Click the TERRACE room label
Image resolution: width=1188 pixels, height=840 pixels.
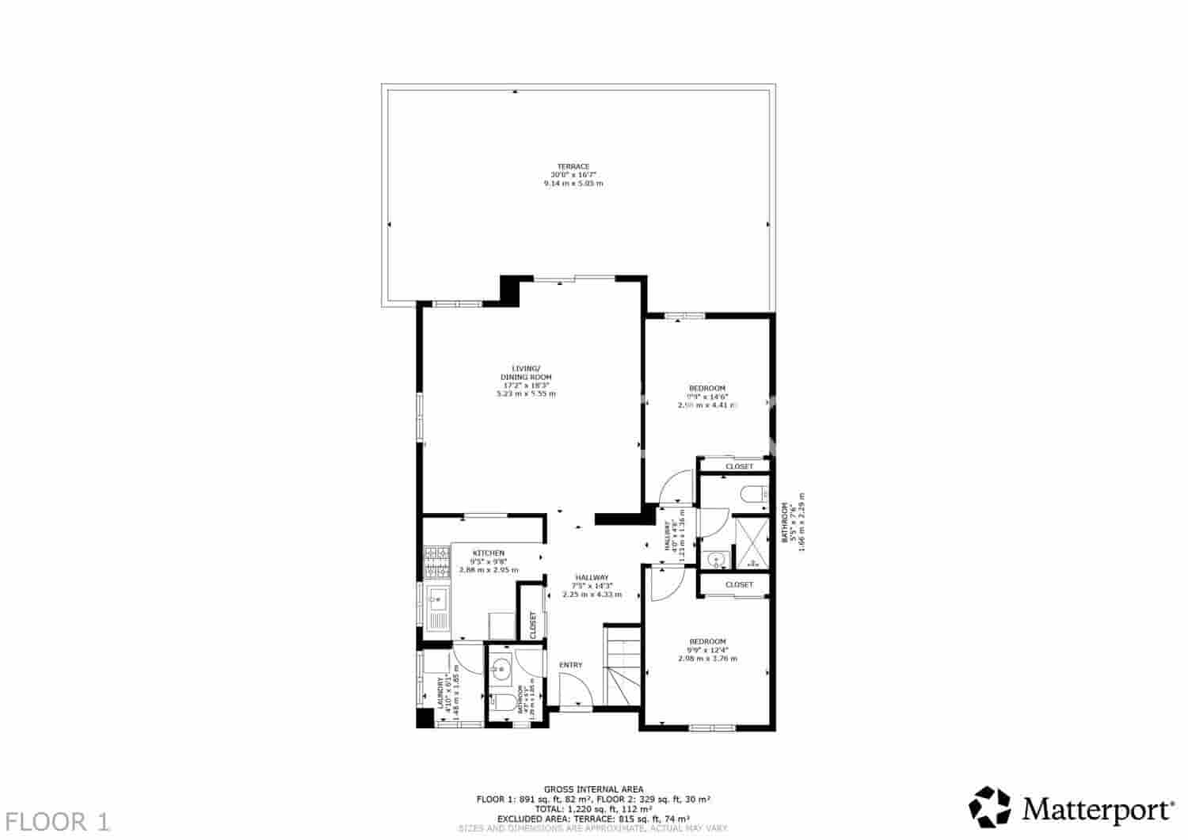point(573,167)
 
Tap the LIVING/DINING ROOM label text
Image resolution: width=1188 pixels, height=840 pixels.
point(526,373)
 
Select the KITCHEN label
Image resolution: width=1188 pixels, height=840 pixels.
point(489,553)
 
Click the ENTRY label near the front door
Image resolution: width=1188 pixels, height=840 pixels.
point(570,665)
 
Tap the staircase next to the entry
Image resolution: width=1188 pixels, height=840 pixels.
point(622,665)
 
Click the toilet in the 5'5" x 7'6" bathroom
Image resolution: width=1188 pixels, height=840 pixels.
point(752,496)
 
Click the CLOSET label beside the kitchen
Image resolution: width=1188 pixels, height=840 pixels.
point(533,625)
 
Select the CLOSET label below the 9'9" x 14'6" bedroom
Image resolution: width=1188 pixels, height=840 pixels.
point(739,467)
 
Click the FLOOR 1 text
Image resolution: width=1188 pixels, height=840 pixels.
point(57,821)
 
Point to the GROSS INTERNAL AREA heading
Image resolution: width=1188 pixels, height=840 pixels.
point(593,789)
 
